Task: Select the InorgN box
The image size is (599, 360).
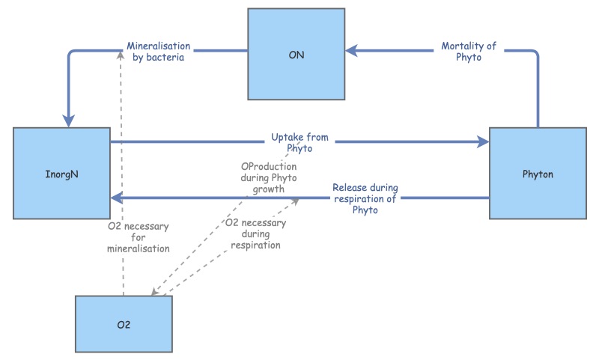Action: click(61, 173)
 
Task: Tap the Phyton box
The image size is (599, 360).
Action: click(538, 173)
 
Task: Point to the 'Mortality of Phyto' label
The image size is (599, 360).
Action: click(469, 52)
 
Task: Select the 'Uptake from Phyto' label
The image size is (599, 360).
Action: click(299, 143)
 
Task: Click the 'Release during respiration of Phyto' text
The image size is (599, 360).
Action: click(365, 198)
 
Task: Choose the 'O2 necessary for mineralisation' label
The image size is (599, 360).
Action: click(138, 237)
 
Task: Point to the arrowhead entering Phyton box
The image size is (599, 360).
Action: click(483, 141)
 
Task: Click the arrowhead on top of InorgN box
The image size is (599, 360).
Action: click(70, 121)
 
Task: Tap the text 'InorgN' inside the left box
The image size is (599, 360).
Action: click(61, 173)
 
